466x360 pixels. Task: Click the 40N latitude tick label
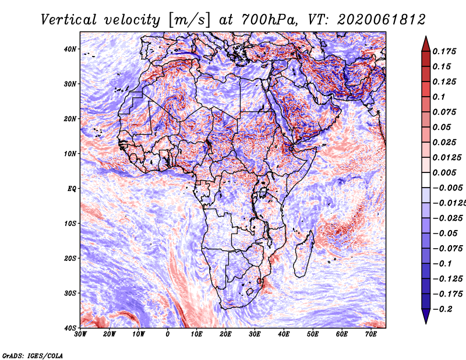click(70, 49)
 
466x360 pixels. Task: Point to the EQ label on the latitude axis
click(72, 189)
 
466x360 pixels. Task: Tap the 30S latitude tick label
click(70, 293)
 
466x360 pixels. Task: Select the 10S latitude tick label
click(70, 223)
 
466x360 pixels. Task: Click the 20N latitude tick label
click(70, 119)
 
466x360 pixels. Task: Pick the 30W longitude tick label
click(80, 334)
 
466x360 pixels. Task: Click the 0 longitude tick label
click(168, 334)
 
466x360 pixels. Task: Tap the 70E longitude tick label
click(371, 334)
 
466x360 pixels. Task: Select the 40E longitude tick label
click(284, 334)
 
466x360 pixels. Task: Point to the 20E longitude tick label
click(225, 334)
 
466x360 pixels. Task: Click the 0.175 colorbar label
click(444, 51)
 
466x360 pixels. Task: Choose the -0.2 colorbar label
click(442, 309)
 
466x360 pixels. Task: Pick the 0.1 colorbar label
click(439, 97)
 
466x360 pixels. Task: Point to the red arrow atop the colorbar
click(426, 44)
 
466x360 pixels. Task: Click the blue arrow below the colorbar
click(426, 316)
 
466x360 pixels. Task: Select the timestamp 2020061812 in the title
click(382, 20)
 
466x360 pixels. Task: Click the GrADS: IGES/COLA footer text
click(33, 356)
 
